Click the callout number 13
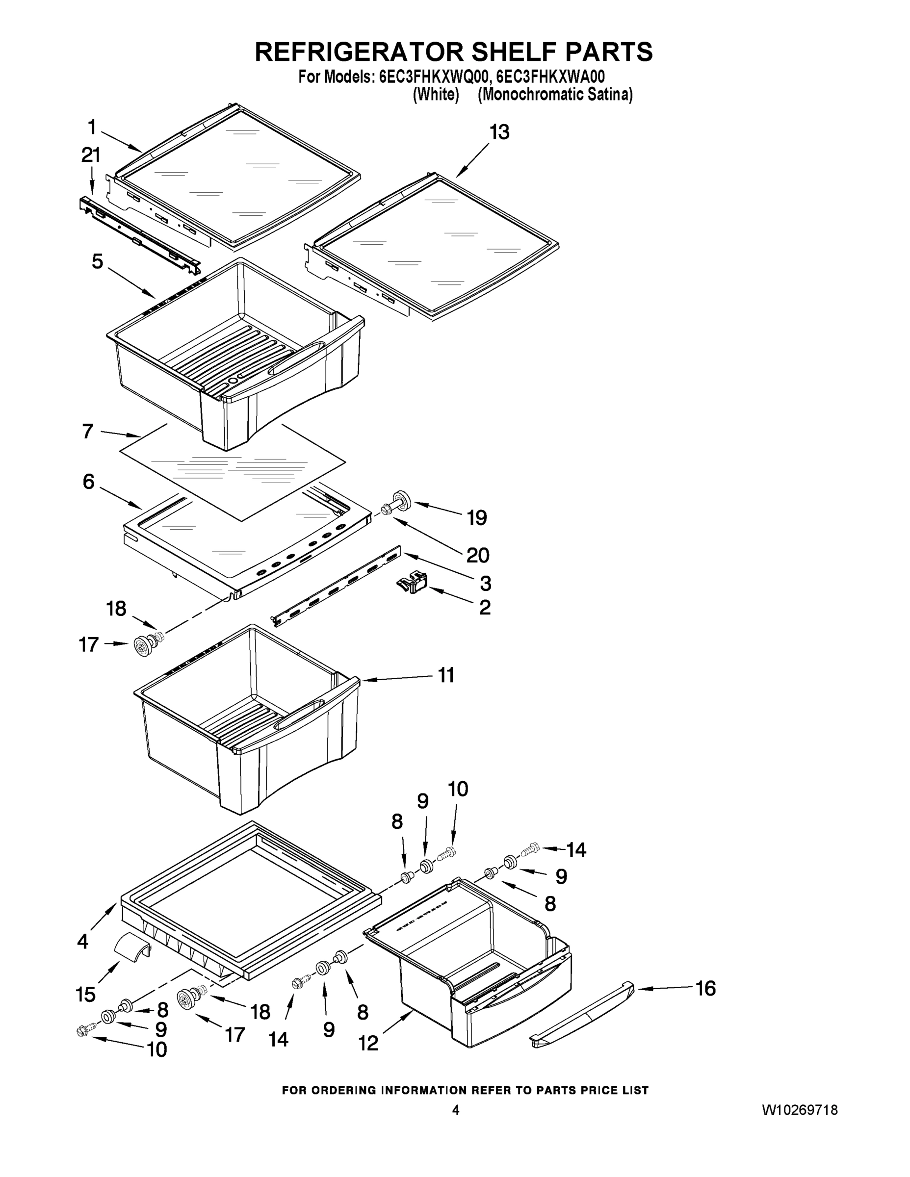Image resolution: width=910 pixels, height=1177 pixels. pyautogui.click(x=499, y=132)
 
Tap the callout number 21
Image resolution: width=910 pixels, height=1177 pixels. pyautogui.click(x=91, y=156)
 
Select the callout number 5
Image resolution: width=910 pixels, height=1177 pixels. pyautogui.click(x=98, y=262)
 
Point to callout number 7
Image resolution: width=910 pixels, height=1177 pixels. pyautogui.click(x=88, y=432)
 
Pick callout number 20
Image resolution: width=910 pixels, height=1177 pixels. pyautogui.click(x=478, y=555)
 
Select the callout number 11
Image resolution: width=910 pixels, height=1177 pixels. pyautogui.click(x=446, y=675)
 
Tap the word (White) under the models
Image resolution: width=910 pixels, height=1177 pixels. pyautogui.click(x=436, y=95)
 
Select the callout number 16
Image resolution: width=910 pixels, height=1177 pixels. pyautogui.click(x=705, y=988)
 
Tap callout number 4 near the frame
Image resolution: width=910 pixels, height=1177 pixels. pyautogui.click(x=82, y=942)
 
